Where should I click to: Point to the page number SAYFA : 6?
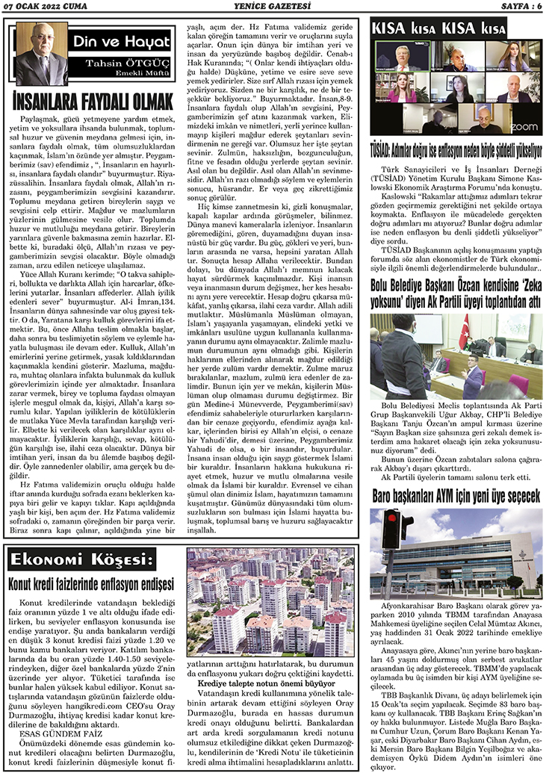point(517,7)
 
